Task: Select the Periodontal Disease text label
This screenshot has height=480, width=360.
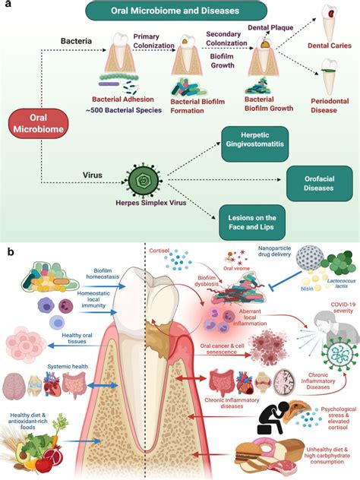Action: [327, 110]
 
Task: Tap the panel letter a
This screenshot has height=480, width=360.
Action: [7, 6]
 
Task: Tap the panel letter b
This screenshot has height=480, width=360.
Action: [8, 250]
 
